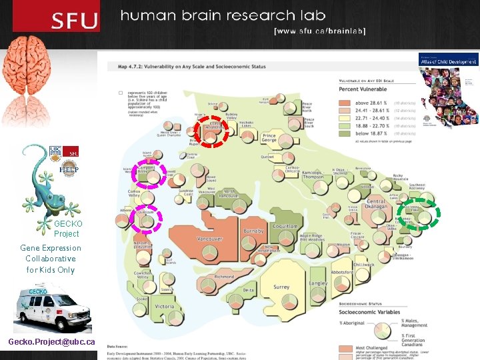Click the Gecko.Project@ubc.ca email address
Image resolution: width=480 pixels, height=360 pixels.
tap(51, 342)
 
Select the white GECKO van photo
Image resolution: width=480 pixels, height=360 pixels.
tap(52, 308)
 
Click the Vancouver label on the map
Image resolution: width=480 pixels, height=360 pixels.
tap(209, 239)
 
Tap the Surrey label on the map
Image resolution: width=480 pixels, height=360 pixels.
tap(281, 287)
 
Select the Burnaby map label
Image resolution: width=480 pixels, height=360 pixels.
tap(253, 231)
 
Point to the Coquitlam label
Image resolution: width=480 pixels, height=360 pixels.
tap(285, 227)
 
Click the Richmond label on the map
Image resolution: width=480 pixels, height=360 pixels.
tap(224, 276)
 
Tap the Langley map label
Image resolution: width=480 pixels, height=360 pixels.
tap(319, 283)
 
